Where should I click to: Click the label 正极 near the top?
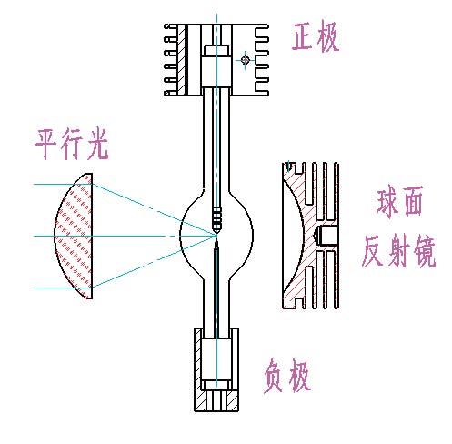[316, 36]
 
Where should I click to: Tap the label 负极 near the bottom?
[286, 376]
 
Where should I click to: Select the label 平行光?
[72, 145]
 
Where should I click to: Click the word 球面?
[399, 202]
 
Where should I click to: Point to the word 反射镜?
[398, 251]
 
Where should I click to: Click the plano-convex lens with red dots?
[75, 236]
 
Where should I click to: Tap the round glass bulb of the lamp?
[216, 234]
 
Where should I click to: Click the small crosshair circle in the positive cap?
[246, 60]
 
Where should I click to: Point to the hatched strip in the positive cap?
[181, 60]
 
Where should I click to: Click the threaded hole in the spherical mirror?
[326, 236]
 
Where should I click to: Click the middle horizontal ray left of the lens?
[44, 236]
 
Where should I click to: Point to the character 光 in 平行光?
[97, 145]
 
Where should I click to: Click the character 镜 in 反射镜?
[425, 252]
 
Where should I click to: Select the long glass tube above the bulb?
[216, 143]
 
